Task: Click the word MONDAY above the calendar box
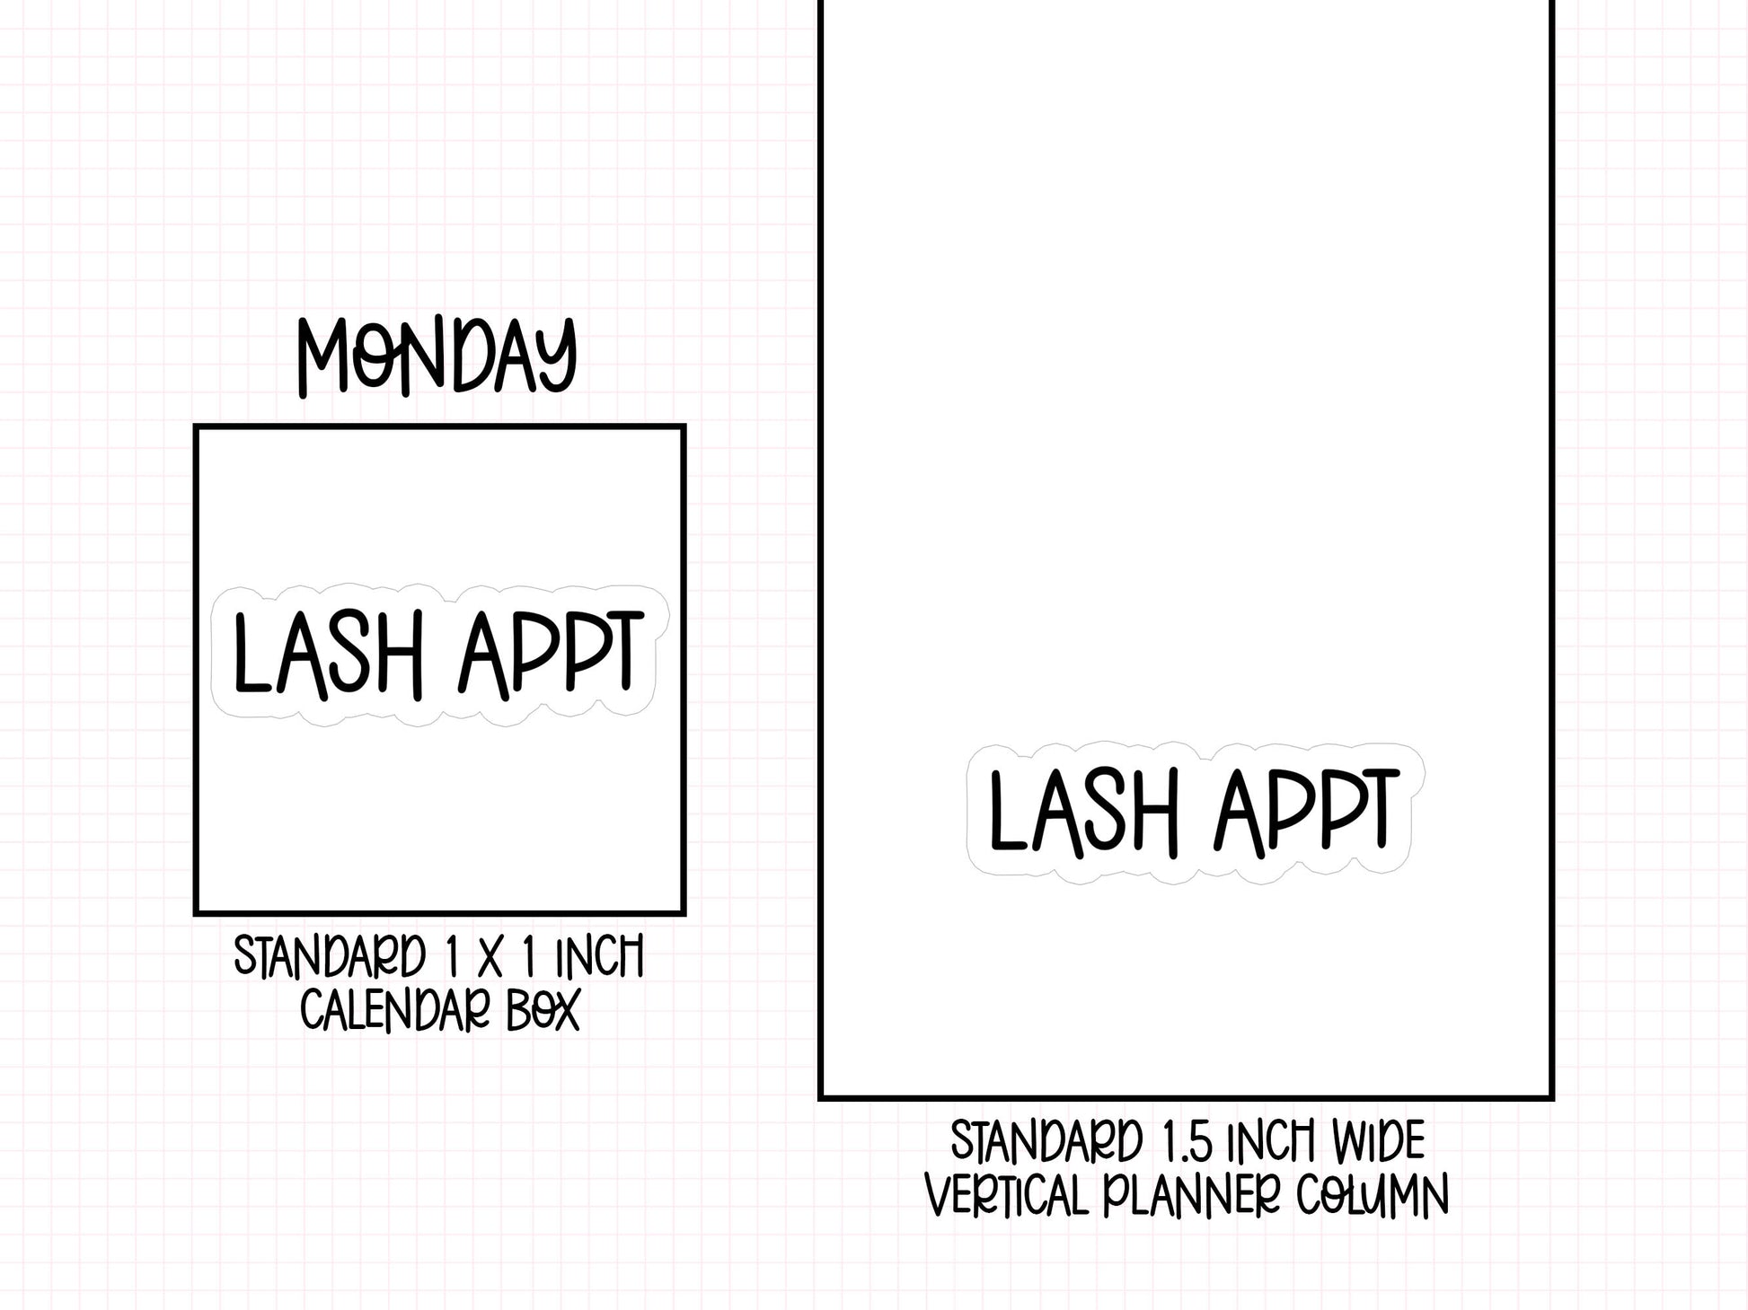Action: (437, 357)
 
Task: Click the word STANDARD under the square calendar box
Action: (330, 956)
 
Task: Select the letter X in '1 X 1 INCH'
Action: (490, 957)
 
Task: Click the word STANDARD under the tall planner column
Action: (1046, 1142)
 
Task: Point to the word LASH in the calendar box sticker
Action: (327, 655)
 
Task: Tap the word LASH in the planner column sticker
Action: (1083, 813)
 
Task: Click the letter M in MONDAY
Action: (327, 359)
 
